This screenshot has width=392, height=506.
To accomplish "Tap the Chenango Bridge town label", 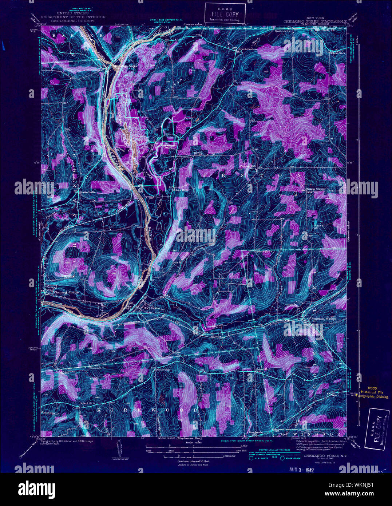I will (66, 292).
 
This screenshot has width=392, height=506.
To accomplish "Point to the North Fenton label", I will (248, 49).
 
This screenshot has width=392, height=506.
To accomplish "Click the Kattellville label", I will (87, 192).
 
